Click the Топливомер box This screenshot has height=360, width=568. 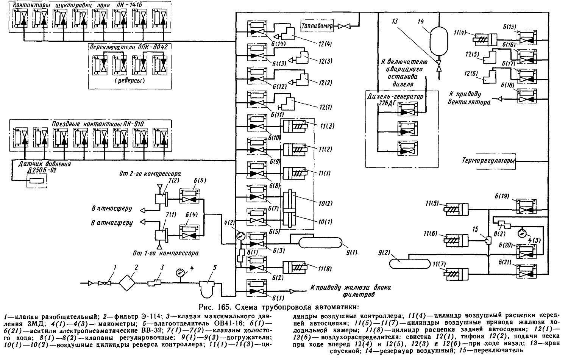[x=317, y=26]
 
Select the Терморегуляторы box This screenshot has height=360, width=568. [x=488, y=161]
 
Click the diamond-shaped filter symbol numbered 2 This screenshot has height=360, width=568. [x=128, y=283]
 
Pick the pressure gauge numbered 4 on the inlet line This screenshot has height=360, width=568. [x=180, y=273]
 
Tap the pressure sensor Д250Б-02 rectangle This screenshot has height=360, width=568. [x=36, y=181]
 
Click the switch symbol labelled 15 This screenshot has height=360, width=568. [x=488, y=240]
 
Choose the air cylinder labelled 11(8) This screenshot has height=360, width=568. [x=295, y=268]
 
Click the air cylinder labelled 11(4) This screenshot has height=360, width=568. [x=485, y=40]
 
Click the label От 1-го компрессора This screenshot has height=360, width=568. [x=166, y=253]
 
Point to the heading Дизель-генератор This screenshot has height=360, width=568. [x=395, y=97]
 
